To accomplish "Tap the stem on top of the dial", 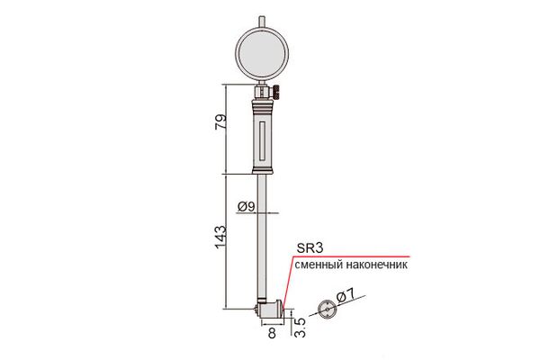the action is click(x=262, y=21).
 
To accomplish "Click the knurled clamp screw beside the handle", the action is click(x=277, y=93).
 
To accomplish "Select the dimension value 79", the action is click(x=221, y=121).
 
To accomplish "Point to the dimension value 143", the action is click(x=220, y=237).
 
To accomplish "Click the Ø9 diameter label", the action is click(x=247, y=207).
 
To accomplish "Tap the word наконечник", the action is click(x=376, y=265).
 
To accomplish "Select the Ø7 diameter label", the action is click(x=346, y=295).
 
